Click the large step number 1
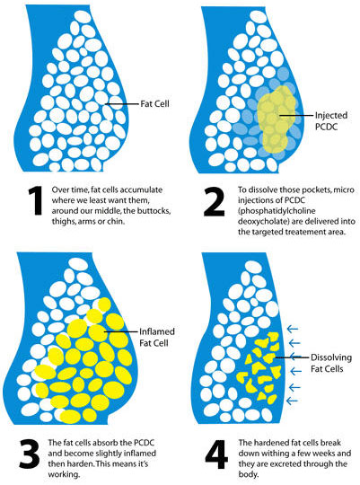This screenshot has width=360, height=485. (x=36, y=200)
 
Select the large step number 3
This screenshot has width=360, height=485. (x=30, y=454)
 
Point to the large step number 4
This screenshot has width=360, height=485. (x=216, y=454)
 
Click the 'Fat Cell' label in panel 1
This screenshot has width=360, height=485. (x=154, y=104)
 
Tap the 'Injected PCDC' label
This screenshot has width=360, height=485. (x=331, y=121)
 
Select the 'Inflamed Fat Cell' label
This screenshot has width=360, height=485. (x=157, y=337)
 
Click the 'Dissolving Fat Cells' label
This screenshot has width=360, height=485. (x=331, y=363)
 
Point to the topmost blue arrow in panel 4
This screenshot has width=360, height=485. (x=293, y=329)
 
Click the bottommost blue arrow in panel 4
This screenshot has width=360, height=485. (x=293, y=401)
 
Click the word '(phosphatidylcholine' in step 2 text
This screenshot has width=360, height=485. (x=277, y=211)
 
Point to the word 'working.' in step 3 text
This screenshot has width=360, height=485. (x=64, y=474)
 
